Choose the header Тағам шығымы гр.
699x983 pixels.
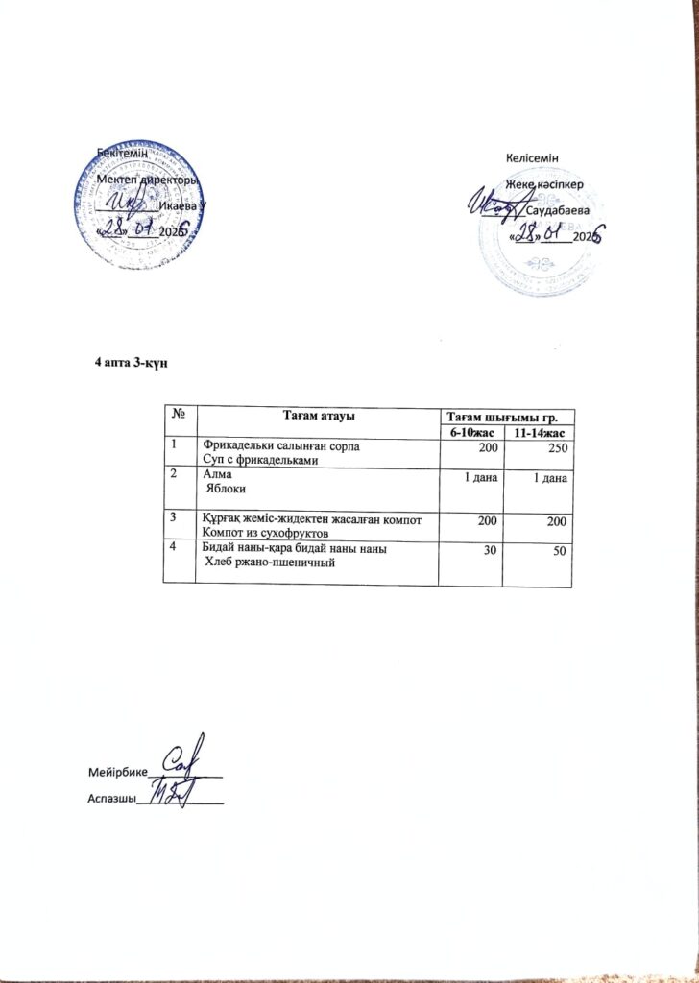(x=505, y=416)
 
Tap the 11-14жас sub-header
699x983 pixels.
(x=538, y=434)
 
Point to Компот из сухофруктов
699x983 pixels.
(x=265, y=532)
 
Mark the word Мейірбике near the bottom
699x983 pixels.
(x=117, y=772)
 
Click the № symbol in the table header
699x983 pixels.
(x=179, y=416)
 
